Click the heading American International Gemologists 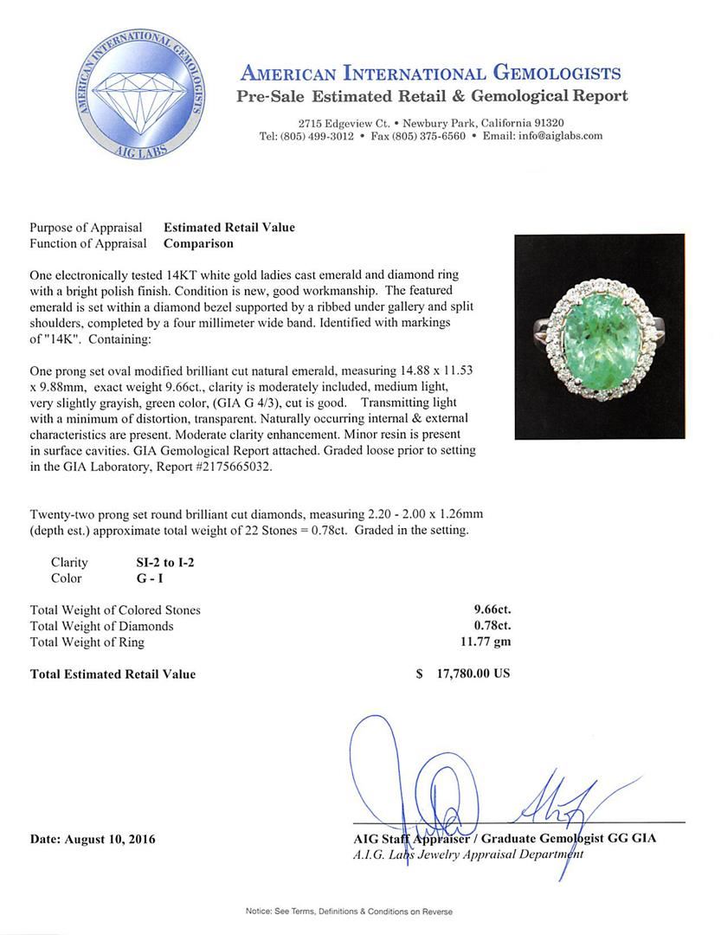click(430, 73)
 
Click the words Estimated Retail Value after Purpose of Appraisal click(229, 228)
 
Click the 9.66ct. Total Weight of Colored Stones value click(486, 610)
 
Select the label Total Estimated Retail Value click(113, 674)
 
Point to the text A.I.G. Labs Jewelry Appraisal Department click(467, 854)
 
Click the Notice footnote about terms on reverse click(349, 912)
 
